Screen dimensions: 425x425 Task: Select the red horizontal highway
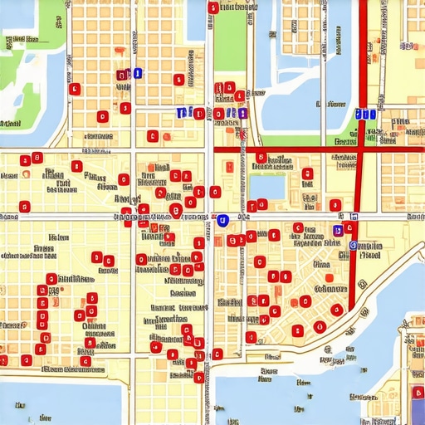pyautogui.click(x=291, y=149)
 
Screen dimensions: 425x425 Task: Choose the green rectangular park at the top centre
pyautogui.click(x=230, y=42)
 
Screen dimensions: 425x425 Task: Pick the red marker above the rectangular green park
pyautogui.click(x=213, y=8)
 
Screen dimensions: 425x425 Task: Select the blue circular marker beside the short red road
pyautogui.click(x=354, y=246)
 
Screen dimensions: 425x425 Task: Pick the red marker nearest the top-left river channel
pyautogui.click(x=75, y=89)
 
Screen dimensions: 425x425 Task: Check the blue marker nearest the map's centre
pyautogui.click(x=222, y=220)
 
